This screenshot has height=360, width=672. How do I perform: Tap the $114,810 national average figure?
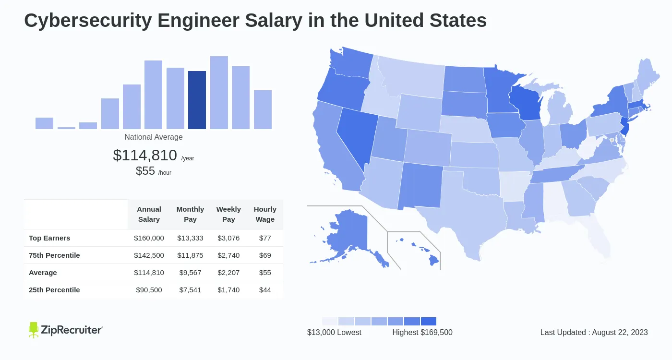click(x=145, y=155)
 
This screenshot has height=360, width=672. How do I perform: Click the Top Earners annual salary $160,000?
click(x=149, y=238)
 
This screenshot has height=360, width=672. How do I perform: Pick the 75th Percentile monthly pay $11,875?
click(x=190, y=255)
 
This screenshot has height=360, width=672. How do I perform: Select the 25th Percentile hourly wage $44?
click(x=265, y=290)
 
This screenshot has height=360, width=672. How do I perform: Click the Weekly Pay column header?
click(x=228, y=214)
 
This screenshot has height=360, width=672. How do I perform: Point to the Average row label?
click(x=43, y=273)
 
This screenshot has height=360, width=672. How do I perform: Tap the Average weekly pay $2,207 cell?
click(x=228, y=273)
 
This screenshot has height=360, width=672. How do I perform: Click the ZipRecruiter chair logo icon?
click(x=33, y=330)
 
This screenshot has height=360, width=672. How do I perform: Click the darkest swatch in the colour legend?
click(x=428, y=321)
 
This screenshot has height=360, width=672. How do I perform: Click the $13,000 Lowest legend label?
click(x=334, y=333)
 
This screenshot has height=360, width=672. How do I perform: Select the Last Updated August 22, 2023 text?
click(x=594, y=333)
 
